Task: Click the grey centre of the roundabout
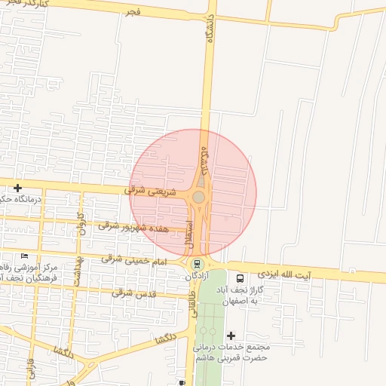pos(198,197)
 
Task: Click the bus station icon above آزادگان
pos(198,264)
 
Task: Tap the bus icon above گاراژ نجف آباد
pos(240,277)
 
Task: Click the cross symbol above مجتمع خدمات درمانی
pos(231,335)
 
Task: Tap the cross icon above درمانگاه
pos(17,187)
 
